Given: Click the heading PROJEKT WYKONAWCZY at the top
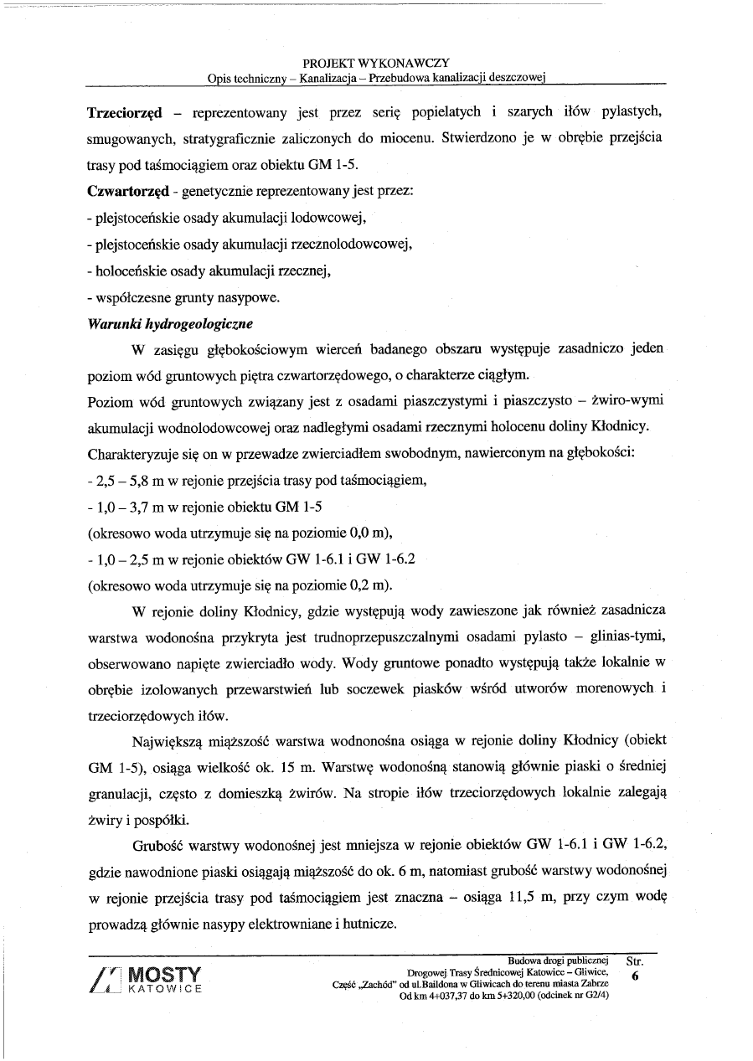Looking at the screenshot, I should pos(376,63).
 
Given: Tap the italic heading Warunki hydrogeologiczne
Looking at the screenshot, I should pos(170,323).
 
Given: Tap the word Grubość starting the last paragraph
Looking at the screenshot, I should pos(162,847).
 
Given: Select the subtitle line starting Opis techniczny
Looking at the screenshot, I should pos(376,78).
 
